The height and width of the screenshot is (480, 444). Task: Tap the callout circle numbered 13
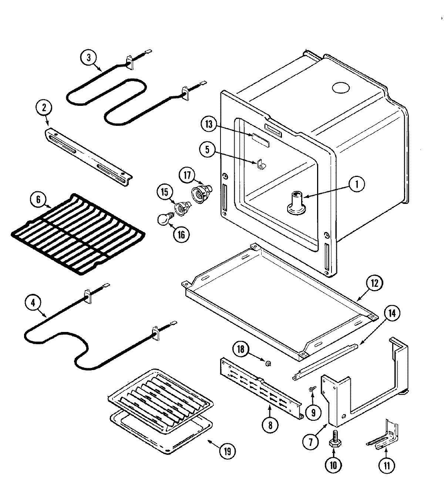[x=209, y=124]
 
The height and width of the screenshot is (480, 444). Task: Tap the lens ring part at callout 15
[x=182, y=208]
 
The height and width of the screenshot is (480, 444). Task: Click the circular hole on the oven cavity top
[x=340, y=87]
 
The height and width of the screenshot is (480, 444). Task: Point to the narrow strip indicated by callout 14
[x=326, y=360]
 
